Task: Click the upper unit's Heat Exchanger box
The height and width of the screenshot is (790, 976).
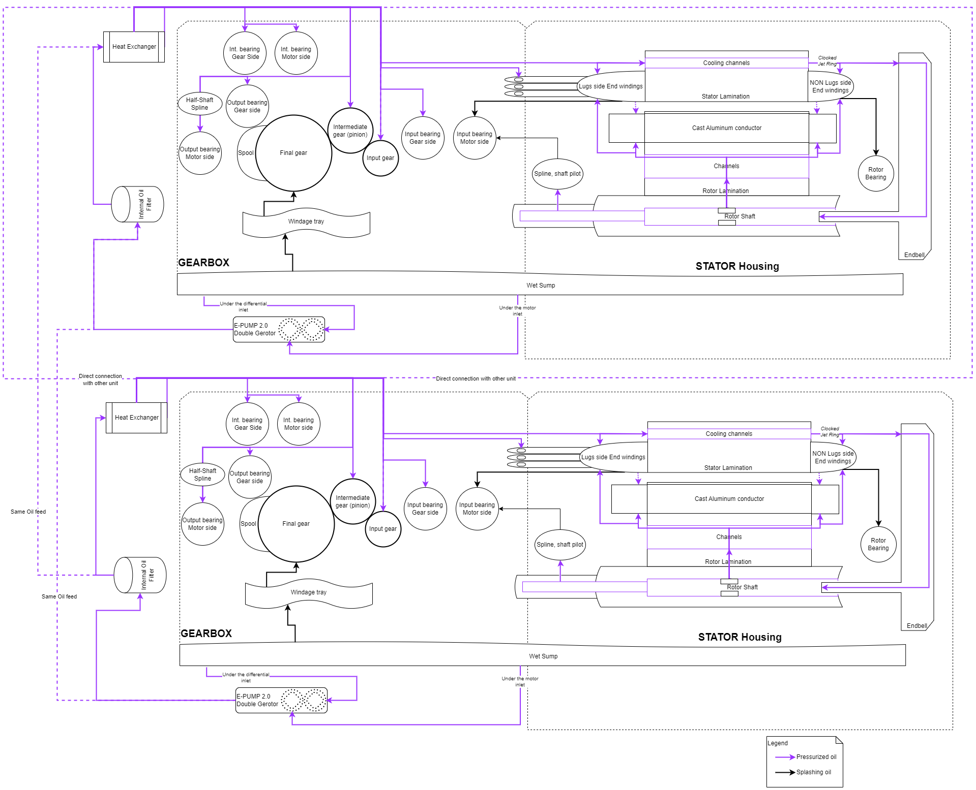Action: click(134, 47)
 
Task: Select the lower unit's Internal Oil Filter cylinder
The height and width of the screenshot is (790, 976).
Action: click(140, 575)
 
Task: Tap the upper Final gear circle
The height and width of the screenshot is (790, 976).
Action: click(293, 153)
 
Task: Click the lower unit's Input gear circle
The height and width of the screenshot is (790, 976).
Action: click(383, 529)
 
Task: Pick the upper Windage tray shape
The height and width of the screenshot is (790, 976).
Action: click(306, 222)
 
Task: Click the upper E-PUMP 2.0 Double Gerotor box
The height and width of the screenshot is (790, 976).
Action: click(278, 330)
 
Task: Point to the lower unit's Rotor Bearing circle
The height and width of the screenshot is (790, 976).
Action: click(878, 545)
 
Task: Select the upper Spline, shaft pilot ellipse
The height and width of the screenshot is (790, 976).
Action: click(557, 174)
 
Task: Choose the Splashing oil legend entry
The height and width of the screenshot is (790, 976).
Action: click(813, 772)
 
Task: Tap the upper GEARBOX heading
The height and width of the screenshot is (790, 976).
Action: click(203, 263)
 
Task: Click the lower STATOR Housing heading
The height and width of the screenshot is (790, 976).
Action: click(740, 637)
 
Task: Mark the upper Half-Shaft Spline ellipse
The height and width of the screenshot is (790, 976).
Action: click(199, 104)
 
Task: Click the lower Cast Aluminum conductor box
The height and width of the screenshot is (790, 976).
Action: click(729, 499)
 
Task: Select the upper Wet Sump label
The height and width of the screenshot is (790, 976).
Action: click(541, 286)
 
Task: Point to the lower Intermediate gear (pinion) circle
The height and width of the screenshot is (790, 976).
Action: click(352, 501)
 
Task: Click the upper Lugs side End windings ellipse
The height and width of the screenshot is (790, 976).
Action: click(610, 86)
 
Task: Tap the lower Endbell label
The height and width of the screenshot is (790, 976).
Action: click(916, 626)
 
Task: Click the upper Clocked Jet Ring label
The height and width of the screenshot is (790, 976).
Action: click(827, 61)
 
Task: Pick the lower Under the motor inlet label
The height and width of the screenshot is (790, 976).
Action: click(520, 682)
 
